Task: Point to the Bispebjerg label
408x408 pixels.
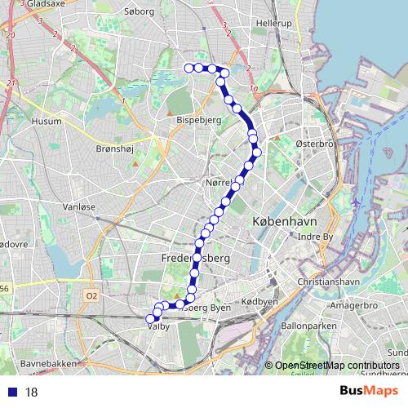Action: (195, 118)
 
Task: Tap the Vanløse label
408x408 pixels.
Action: (79, 207)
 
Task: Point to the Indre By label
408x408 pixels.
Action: (317, 237)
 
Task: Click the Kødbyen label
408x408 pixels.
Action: (260, 302)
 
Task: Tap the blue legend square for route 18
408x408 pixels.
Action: (11, 392)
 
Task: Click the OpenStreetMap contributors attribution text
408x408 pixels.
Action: (335, 366)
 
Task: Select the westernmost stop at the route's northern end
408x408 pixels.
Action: (188, 68)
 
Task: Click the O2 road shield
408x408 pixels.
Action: (91, 295)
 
